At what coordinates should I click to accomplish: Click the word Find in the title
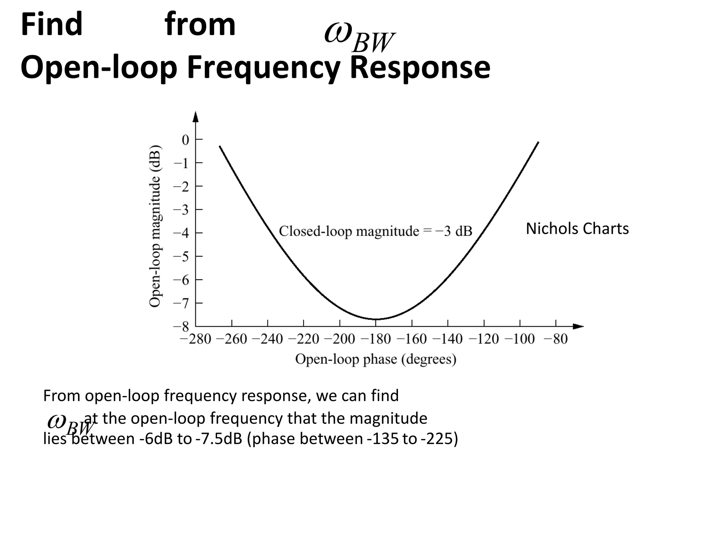[x=52, y=24]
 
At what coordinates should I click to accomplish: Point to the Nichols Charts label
[x=577, y=229]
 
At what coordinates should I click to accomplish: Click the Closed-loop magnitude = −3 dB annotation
[x=375, y=231]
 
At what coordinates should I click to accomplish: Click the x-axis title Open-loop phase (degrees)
[x=376, y=359]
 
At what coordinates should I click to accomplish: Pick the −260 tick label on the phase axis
[x=231, y=339]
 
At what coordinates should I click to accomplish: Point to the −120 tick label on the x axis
[x=484, y=339]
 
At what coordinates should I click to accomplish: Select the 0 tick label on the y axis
[x=185, y=140]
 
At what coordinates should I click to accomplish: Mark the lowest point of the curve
[x=376, y=319]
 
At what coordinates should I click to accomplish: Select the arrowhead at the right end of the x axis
[x=578, y=327]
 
